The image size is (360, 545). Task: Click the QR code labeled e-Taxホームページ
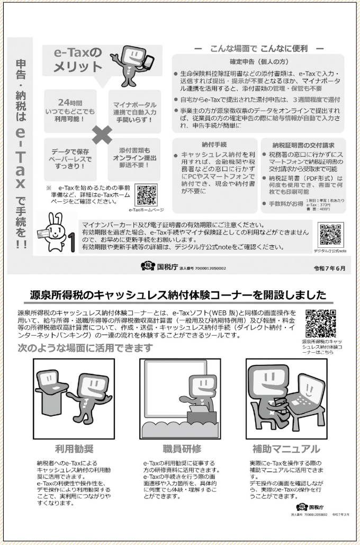[146, 194]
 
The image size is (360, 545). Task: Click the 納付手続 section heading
[214, 144]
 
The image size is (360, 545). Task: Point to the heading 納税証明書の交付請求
[303, 144]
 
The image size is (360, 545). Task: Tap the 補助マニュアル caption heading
[286, 449]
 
